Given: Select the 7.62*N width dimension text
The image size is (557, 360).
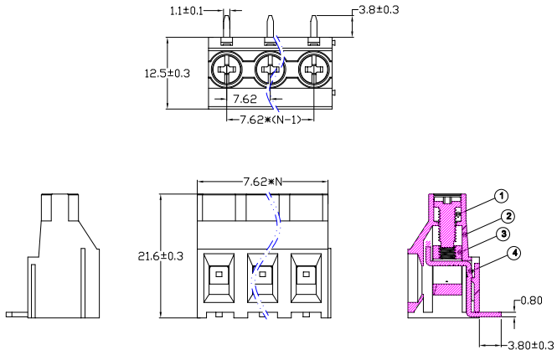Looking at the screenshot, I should coord(262,182).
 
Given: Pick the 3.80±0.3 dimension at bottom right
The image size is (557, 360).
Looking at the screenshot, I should coord(525,344).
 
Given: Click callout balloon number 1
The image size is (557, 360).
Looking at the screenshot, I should coord(501,197).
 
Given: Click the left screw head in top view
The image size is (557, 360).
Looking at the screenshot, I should coord(228,67).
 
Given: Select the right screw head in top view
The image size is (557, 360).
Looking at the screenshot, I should coord(314,67).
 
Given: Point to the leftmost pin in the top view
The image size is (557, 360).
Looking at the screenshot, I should coord(228,28).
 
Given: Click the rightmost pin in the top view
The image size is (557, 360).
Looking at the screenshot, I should coord(314,28).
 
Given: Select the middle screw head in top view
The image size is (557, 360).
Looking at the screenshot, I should coord(271,67).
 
